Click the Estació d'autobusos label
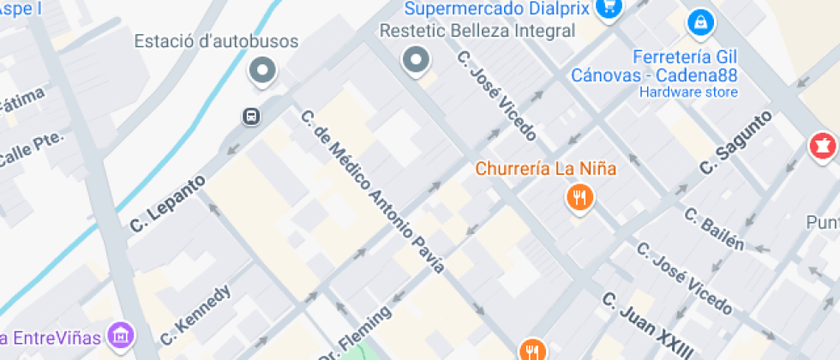click(216, 41)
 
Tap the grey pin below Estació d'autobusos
click(262, 70)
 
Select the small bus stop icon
click(251, 116)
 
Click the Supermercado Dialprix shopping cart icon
click(609, 8)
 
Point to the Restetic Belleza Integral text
click(478, 31)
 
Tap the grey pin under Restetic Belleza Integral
click(417, 60)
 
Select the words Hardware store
click(688, 93)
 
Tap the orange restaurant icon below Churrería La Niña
click(580, 198)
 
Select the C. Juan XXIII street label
click(647, 327)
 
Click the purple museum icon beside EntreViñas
click(122, 334)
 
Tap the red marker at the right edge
click(822, 147)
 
